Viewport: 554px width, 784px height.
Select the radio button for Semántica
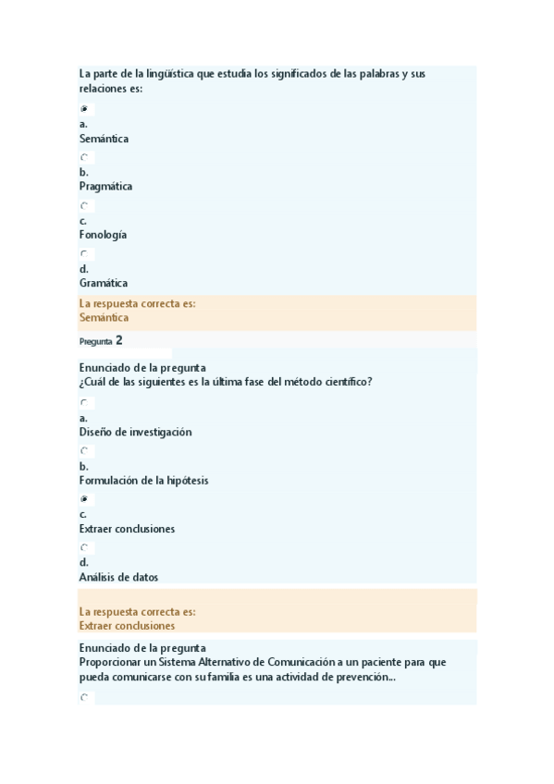(84, 109)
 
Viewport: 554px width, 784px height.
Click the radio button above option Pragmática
(84, 157)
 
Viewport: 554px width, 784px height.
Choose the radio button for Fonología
(84, 205)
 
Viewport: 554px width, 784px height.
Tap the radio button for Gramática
(84, 253)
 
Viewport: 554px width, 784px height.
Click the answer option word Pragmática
(105, 187)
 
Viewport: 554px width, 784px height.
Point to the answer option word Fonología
(104, 235)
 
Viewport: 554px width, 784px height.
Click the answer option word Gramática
(104, 283)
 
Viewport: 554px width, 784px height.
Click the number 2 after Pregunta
(119, 340)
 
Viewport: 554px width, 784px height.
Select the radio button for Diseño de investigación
(84, 403)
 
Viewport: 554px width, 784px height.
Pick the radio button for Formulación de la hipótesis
(84, 451)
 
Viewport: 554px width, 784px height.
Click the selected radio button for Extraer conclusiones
(84, 499)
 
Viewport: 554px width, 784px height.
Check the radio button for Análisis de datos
(84, 547)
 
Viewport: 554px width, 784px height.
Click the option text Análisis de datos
(118, 577)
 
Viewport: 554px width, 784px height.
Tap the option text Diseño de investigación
(136, 433)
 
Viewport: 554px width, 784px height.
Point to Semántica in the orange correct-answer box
(105, 317)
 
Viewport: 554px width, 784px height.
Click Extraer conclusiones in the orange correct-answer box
(128, 626)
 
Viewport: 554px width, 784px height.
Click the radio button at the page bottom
(84, 698)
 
